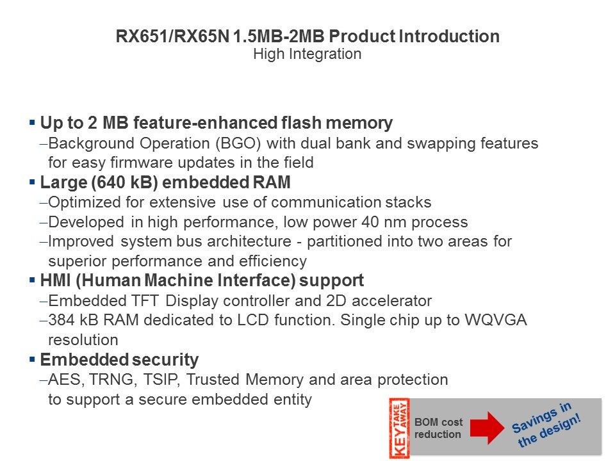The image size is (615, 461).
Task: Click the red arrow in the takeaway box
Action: point(488,428)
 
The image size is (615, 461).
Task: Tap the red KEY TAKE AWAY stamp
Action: point(399,428)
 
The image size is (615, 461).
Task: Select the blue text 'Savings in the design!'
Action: point(546,425)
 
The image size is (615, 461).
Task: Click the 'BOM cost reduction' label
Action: point(438,428)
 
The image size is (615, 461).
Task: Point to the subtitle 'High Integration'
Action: point(307,54)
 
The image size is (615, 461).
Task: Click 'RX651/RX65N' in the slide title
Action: point(172,36)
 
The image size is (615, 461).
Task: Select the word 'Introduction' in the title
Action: point(449,36)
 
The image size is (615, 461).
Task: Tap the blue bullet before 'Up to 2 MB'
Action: point(32,123)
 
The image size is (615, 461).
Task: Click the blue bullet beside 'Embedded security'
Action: point(32,359)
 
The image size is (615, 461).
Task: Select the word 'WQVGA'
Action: point(496,320)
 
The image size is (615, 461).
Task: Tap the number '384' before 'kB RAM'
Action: point(61,320)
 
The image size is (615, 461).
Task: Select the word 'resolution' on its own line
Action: point(83,340)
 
